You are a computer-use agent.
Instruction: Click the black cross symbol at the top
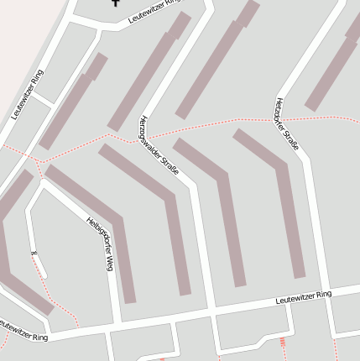click(x=116, y=3)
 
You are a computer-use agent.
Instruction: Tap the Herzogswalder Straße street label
click(x=159, y=145)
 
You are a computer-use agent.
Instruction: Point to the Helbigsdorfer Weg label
click(x=99, y=243)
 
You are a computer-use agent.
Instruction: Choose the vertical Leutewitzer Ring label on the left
click(x=28, y=94)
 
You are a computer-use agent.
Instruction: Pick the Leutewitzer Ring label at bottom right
click(x=304, y=297)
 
